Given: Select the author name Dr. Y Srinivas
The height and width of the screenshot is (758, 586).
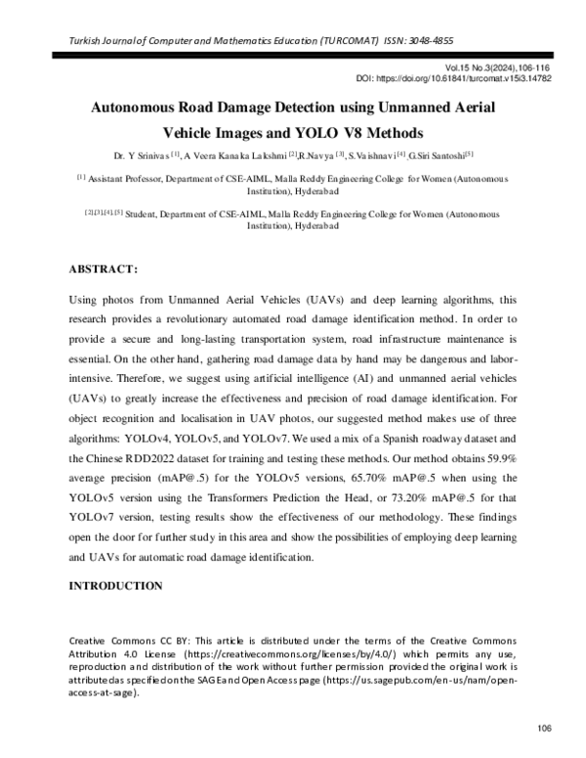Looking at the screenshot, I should pyautogui.click(x=133, y=155).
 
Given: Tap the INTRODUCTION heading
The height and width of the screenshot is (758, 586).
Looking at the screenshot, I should pyautogui.click(x=115, y=586).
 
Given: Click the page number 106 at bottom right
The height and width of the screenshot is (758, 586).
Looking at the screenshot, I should pyautogui.click(x=544, y=728).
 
